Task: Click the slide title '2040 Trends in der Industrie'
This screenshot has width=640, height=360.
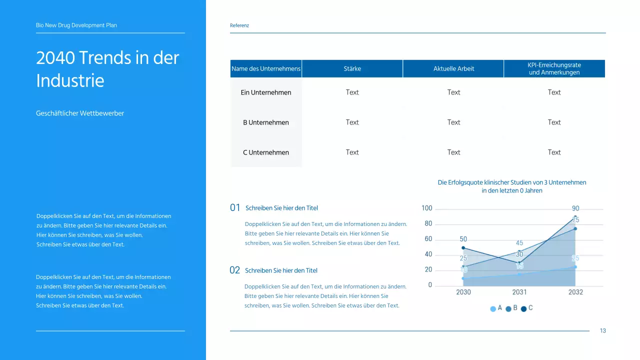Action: click(x=107, y=69)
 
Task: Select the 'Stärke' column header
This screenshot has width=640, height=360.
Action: click(x=352, y=68)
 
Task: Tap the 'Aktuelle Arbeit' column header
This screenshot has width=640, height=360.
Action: click(x=453, y=68)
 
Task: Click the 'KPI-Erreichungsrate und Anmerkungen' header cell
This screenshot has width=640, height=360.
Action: click(x=554, y=68)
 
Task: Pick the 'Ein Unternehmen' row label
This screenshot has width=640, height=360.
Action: click(x=266, y=92)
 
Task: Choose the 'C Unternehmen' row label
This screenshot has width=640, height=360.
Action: click(x=266, y=152)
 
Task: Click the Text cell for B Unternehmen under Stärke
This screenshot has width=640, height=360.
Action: click(x=352, y=122)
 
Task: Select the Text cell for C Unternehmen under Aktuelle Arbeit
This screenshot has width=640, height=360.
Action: click(x=453, y=152)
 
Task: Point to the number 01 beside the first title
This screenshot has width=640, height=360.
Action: click(x=235, y=208)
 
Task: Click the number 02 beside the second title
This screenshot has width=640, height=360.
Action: click(x=234, y=270)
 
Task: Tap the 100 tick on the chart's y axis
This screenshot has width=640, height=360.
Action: click(x=426, y=208)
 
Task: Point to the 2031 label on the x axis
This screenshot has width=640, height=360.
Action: click(x=519, y=292)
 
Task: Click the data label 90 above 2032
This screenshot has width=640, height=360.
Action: click(x=575, y=208)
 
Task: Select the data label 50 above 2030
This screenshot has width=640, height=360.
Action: click(x=463, y=239)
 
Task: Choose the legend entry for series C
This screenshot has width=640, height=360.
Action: click(x=527, y=308)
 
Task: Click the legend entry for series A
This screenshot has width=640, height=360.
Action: click(x=496, y=308)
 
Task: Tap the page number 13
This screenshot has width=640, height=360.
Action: click(x=602, y=330)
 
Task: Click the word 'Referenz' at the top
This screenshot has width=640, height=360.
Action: click(x=239, y=25)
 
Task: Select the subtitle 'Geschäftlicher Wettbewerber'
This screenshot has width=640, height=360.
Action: click(x=80, y=113)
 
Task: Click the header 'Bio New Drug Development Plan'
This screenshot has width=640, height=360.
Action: click(x=76, y=25)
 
